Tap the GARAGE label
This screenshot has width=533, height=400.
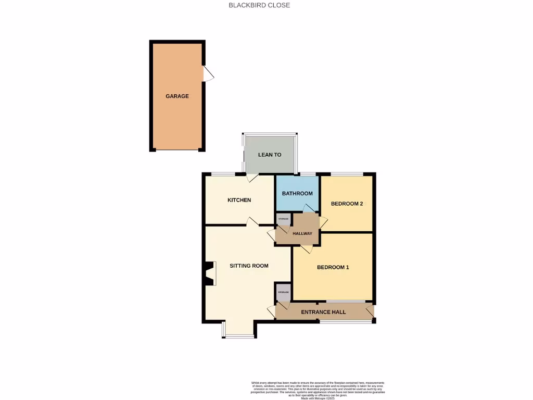(177, 96)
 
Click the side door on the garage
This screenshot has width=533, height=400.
(208, 73)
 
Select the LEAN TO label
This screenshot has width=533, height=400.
(270, 155)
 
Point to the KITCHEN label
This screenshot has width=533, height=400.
(239, 200)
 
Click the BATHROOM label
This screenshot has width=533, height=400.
(297, 194)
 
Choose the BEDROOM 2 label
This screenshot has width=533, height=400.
(347, 204)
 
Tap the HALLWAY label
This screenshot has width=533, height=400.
(302, 233)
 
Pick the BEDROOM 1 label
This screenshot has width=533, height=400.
(333, 268)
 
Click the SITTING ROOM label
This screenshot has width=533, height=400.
(249, 266)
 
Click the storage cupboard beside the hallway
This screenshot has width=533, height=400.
(283, 219)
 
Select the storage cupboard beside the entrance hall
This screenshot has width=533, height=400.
(283, 292)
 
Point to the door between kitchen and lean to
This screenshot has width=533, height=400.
(251, 177)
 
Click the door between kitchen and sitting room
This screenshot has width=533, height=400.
(252, 222)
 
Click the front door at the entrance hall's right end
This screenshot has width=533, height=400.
(370, 311)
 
